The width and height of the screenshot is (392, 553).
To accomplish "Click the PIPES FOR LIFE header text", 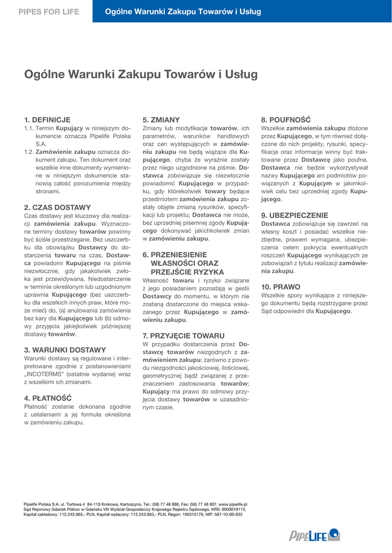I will (x=49, y=11).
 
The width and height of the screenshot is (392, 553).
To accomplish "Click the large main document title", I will (x=141, y=75).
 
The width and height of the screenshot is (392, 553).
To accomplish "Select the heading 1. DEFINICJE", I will (x=48, y=119).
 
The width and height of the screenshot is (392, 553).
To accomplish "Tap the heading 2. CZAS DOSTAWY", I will (x=58, y=207).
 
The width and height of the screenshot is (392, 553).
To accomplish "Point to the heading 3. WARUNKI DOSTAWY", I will (x=65, y=350).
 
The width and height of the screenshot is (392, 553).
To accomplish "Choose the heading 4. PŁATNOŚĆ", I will (x=49, y=397).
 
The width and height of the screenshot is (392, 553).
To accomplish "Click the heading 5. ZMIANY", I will (x=161, y=119).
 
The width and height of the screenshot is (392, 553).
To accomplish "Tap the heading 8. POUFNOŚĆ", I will (x=286, y=119).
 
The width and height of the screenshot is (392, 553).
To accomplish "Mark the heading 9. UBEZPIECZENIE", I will (x=295, y=215).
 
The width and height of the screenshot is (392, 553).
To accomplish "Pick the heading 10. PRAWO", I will (x=281, y=287).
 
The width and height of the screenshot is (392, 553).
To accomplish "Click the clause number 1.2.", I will (x=29, y=152).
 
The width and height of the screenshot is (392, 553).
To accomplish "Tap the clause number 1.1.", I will (x=29, y=129).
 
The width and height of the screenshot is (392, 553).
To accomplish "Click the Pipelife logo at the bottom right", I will (x=314, y=535).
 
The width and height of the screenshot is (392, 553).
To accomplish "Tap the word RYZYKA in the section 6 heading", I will (x=205, y=272).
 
